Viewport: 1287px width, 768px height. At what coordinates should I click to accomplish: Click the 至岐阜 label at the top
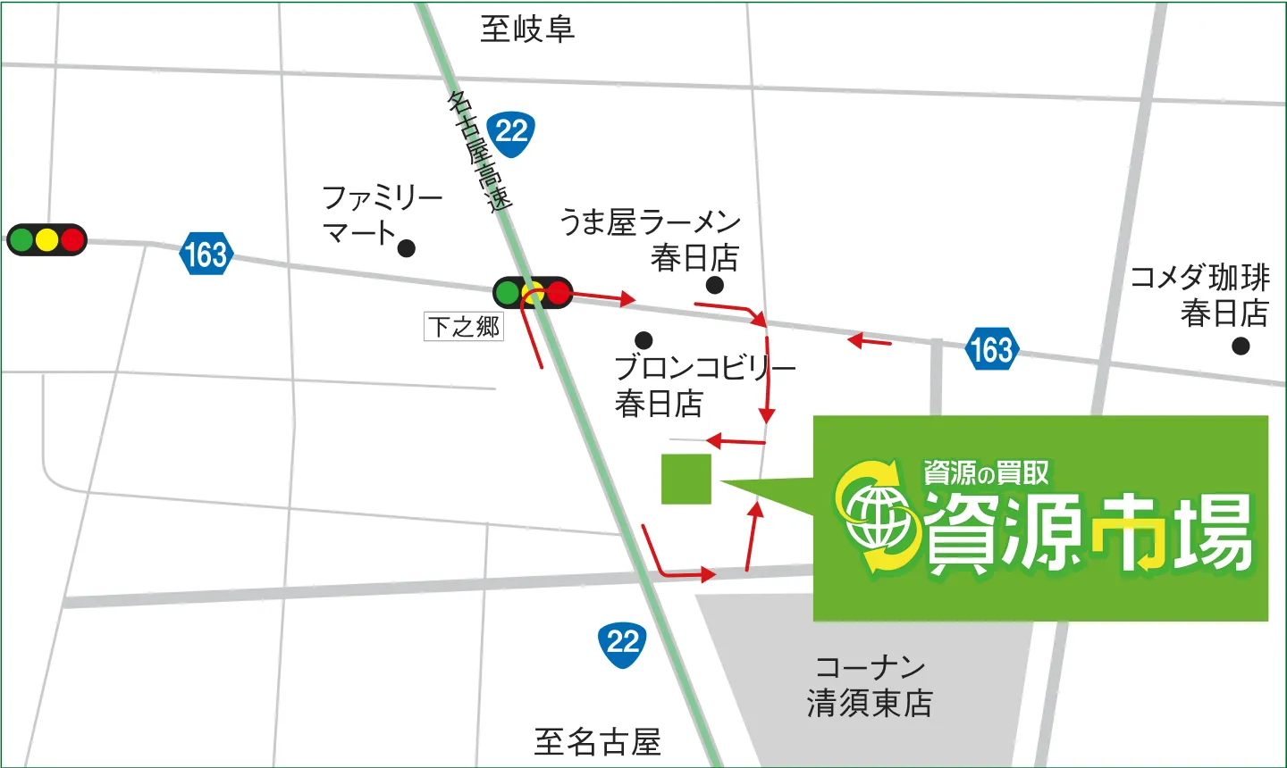point(526,29)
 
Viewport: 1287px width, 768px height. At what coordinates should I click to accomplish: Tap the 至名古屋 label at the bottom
point(597,741)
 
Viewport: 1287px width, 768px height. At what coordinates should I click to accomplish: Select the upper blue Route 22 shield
point(511,133)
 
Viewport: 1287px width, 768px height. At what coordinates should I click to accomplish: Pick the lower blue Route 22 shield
point(622,643)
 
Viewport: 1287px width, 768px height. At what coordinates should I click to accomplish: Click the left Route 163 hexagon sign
point(206,255)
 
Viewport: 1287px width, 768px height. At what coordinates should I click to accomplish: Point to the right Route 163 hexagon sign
point(992,348)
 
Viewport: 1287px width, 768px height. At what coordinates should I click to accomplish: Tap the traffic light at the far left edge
point(46,239)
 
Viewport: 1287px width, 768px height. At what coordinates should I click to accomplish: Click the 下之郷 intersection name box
point(463,327)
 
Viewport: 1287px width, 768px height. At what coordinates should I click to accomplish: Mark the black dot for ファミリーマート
point(406,248)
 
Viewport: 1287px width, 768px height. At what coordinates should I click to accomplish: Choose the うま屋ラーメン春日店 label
point(651,239)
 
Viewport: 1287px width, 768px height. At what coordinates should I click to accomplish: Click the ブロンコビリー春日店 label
point(704,385)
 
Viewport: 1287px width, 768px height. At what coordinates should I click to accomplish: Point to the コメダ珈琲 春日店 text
point(1201,295)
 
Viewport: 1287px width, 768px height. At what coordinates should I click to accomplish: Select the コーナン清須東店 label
point(869,685)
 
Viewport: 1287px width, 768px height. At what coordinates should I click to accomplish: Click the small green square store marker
point(686,479)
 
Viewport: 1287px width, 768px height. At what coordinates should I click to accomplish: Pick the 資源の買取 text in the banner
point(986,472)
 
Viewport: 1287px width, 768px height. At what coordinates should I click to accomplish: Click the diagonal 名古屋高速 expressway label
point(479,150)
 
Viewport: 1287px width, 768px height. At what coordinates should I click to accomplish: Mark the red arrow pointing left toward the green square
point(736,441)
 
